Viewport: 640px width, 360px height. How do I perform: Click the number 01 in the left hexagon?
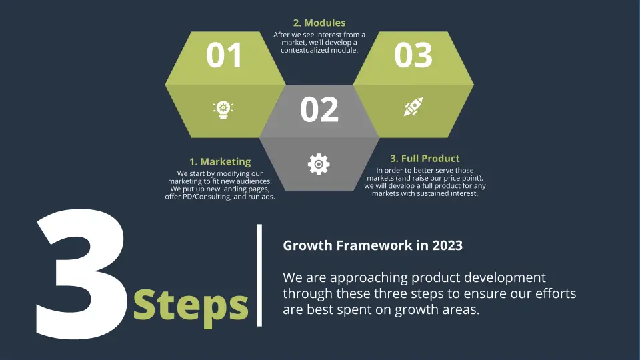click(x=224, y=56)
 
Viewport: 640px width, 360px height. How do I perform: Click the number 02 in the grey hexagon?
click(x=319, y=110)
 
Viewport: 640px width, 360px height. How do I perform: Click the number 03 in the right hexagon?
click(x=413, y=56)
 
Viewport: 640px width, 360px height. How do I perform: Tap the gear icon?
click(x=319, y=163)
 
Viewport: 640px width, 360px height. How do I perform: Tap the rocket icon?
click(x=413, y=107)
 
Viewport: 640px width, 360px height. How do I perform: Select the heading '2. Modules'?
click(x=319, y=23)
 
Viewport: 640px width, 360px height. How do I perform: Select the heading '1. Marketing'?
click(x=220, y=161)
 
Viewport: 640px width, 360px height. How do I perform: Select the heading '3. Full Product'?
click(x=425, y=158)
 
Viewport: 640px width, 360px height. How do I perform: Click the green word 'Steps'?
click(x=191, y=304)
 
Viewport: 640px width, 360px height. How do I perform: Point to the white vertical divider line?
click(x=259, y=275)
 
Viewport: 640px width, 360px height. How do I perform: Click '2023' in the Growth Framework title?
click(x=447, y=245)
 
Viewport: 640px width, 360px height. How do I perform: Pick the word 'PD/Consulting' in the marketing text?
click(x=210, y=197)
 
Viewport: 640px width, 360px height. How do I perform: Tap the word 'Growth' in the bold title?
click(x=305, y=245)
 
